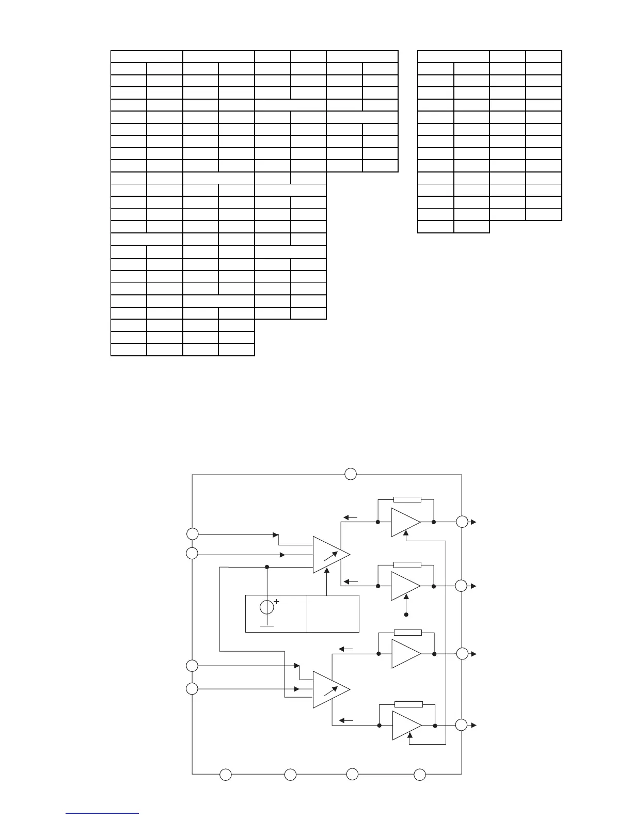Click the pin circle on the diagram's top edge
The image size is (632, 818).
[351, 474]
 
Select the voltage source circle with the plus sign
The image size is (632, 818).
[266, 607]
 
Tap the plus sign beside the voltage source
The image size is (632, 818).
[276, 602]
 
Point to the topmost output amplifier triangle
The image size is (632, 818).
[405, 522]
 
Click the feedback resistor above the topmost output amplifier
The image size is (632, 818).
[407, 499]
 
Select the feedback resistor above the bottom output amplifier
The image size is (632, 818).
[408, 704]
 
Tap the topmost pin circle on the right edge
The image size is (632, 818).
[462, 522]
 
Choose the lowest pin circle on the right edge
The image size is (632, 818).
[462, 725]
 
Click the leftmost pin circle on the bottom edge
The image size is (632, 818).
[226, 775]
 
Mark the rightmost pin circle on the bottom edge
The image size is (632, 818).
[420, 775]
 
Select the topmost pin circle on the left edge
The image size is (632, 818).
[192, 534]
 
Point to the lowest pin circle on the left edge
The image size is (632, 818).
[192, 688]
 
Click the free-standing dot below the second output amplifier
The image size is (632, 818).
[406, 615]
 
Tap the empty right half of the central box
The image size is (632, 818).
[333, 613]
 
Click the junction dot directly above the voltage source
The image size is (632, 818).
[266, 567]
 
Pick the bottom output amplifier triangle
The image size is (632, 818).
[406, 725]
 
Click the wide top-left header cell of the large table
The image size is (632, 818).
[147, 57]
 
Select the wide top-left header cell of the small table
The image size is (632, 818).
[453, 57]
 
